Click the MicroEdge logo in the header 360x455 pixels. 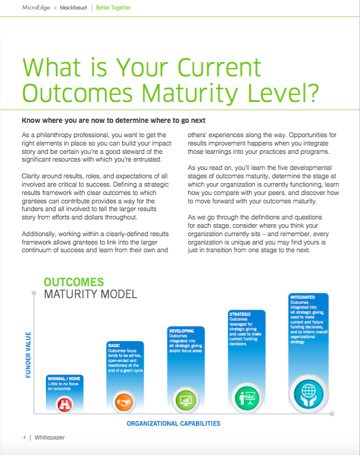click(36, 8)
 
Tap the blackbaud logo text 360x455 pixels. click(73, 8)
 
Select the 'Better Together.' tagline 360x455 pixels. click(113, 8)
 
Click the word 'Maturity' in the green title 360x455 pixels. click(190, 93)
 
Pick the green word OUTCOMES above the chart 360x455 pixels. click(74, 282)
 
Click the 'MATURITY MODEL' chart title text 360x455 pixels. click(91, 294)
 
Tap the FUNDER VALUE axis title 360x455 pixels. click(28, 355)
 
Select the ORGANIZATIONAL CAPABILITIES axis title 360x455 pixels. click(173, 423)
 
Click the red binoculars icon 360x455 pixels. click(65, 404)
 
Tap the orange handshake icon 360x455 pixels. click(124, 402)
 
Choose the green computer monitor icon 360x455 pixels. click(186, 400)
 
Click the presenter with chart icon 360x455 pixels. click(247, 398)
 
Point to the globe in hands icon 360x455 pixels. click(309, 394)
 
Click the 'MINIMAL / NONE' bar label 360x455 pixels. click(64, 379)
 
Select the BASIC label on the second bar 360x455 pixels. click(114, 345)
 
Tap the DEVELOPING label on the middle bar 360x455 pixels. click(182, 331)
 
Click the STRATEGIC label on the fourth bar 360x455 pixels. click(240, 314)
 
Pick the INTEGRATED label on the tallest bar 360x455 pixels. click(303, 297)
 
